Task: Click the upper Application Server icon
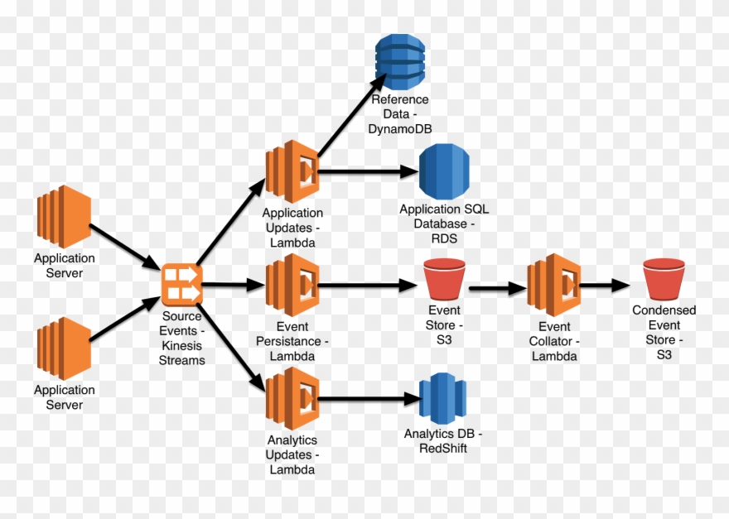tap(64, 217)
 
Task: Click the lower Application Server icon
tap(64, 348)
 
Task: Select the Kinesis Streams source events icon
tap(181, 284)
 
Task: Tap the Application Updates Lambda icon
tap(292, 171)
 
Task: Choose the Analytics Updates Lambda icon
tap(292, 398)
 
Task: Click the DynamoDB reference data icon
tap(399, 62)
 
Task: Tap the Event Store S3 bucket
tap(444, 279)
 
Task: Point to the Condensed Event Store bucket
tap(664, 279)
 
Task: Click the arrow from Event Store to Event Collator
tap(497, 289)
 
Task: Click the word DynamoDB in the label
tap(400, 128)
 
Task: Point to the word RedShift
tap(442, 449)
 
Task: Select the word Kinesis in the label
tap(181, 345)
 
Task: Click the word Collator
tap(554, 341)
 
